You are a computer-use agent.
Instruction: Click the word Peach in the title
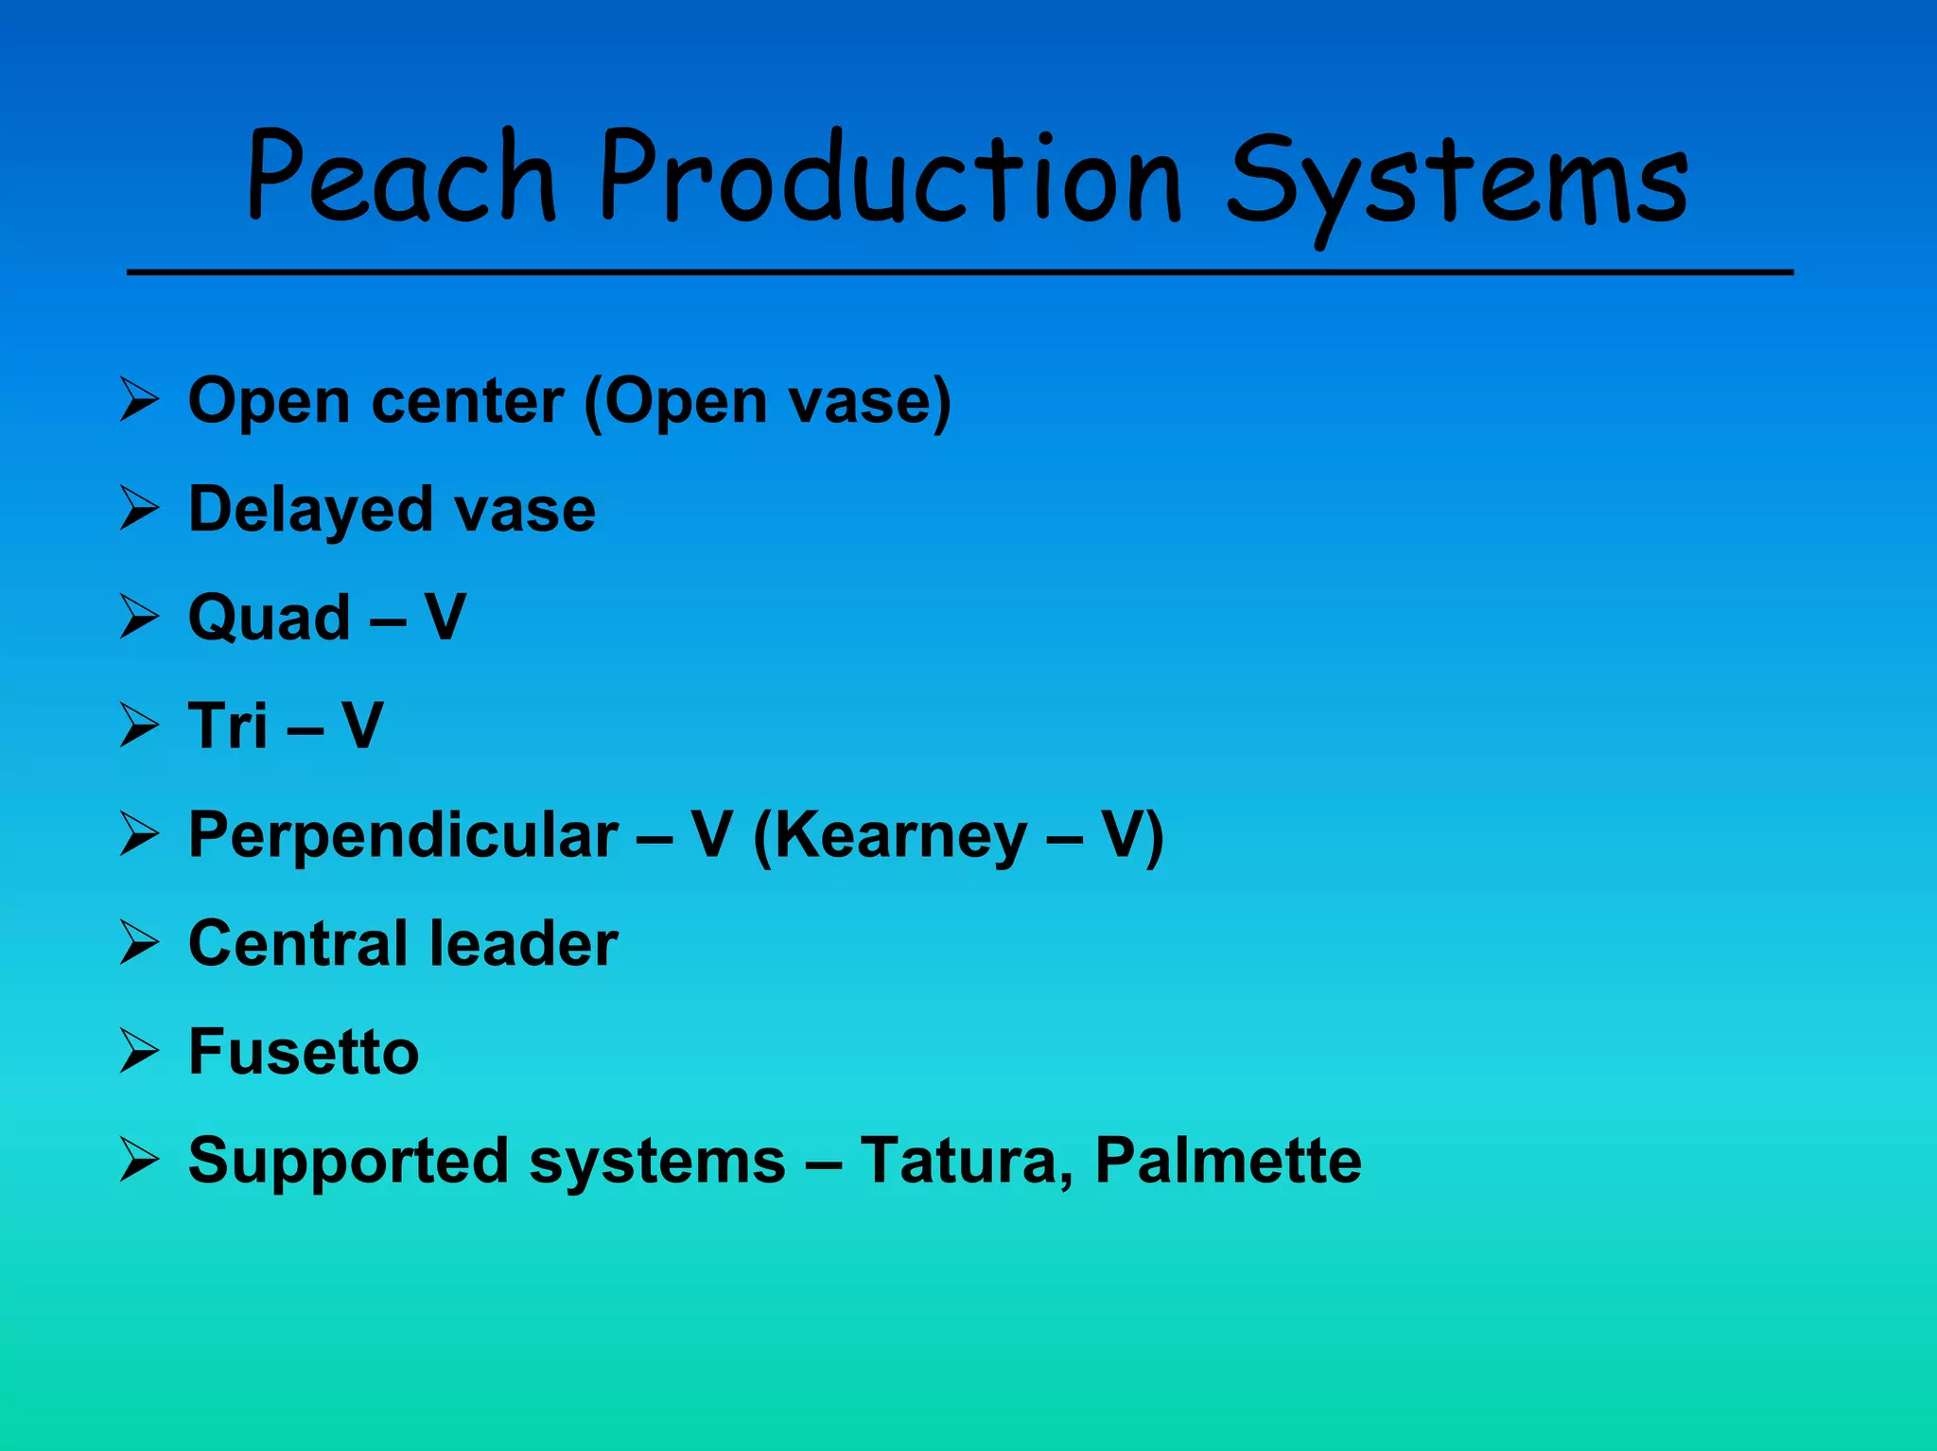401,178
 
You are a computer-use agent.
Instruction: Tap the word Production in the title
889,178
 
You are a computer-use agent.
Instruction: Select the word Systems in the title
1457,184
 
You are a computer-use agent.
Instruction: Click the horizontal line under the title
959,272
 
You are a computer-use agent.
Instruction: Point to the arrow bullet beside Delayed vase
139,508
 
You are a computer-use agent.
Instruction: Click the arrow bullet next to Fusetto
139,1051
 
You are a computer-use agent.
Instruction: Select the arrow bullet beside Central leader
139,942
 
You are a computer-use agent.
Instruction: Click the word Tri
227,726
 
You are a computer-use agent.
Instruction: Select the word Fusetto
303,1052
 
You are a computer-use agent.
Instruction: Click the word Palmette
1228,1161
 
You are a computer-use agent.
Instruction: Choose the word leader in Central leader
523,943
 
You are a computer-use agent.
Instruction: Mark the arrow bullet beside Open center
139,400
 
